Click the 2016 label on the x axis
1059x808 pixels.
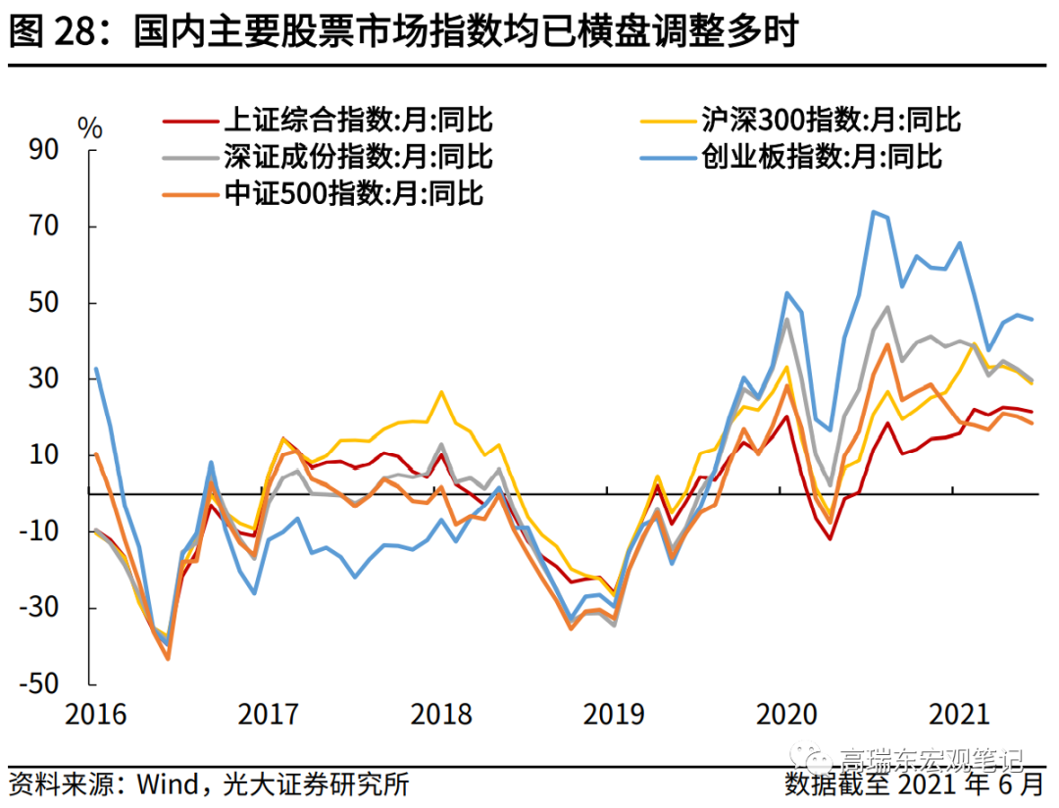pos(96,714)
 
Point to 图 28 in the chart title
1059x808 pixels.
pos(49,32)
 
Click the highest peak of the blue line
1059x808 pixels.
pos(872,211)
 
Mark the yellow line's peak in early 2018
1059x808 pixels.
pos(441,392)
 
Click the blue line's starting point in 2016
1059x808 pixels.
pos(96,369)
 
